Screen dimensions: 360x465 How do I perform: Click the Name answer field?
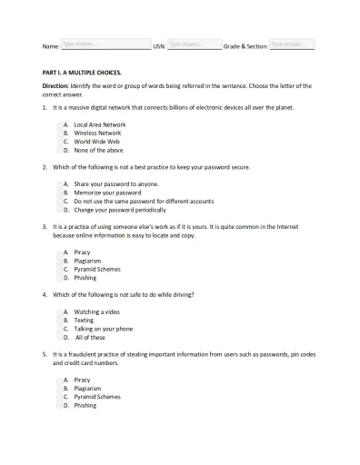[105, 44]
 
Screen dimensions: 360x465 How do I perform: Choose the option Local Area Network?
[99, 124]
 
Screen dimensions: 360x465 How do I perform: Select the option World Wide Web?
[96, 142]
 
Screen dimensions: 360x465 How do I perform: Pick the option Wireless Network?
[97, 133]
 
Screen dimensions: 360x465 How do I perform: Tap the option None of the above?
[98, 151]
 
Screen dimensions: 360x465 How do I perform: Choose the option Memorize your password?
[107, 193]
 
